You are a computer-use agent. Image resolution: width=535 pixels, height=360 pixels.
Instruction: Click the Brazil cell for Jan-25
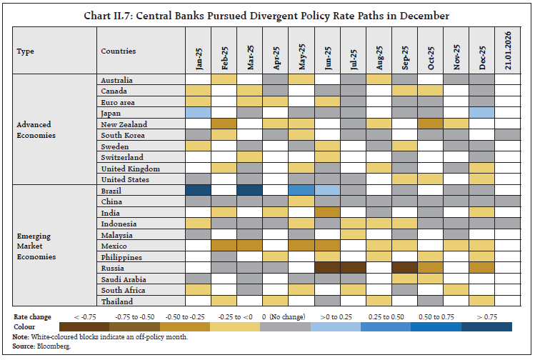coord(199,191)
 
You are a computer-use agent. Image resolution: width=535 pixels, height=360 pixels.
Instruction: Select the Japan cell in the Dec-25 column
coord(482,113)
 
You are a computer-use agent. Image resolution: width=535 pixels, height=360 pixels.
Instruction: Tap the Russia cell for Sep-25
coord(405,268)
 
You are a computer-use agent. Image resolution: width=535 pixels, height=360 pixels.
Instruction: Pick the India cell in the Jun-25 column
coord(327,213)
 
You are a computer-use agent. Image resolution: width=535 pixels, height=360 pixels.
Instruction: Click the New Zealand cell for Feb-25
coord(224,124)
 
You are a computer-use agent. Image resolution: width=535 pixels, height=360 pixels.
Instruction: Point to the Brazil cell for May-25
coord(301,191)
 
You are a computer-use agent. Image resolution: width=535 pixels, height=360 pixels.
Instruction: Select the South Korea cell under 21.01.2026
coord(508,135)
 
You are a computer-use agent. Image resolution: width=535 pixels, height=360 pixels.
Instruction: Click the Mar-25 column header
coord(250,52)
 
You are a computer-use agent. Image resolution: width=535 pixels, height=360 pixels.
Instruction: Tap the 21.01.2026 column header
coord(508,52)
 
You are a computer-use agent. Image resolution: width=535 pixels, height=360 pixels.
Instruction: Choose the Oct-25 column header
coord(431,52)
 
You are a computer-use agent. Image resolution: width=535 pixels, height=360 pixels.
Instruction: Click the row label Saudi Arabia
coord(123,279)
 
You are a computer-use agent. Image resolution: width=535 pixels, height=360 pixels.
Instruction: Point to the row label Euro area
coord(119,102)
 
